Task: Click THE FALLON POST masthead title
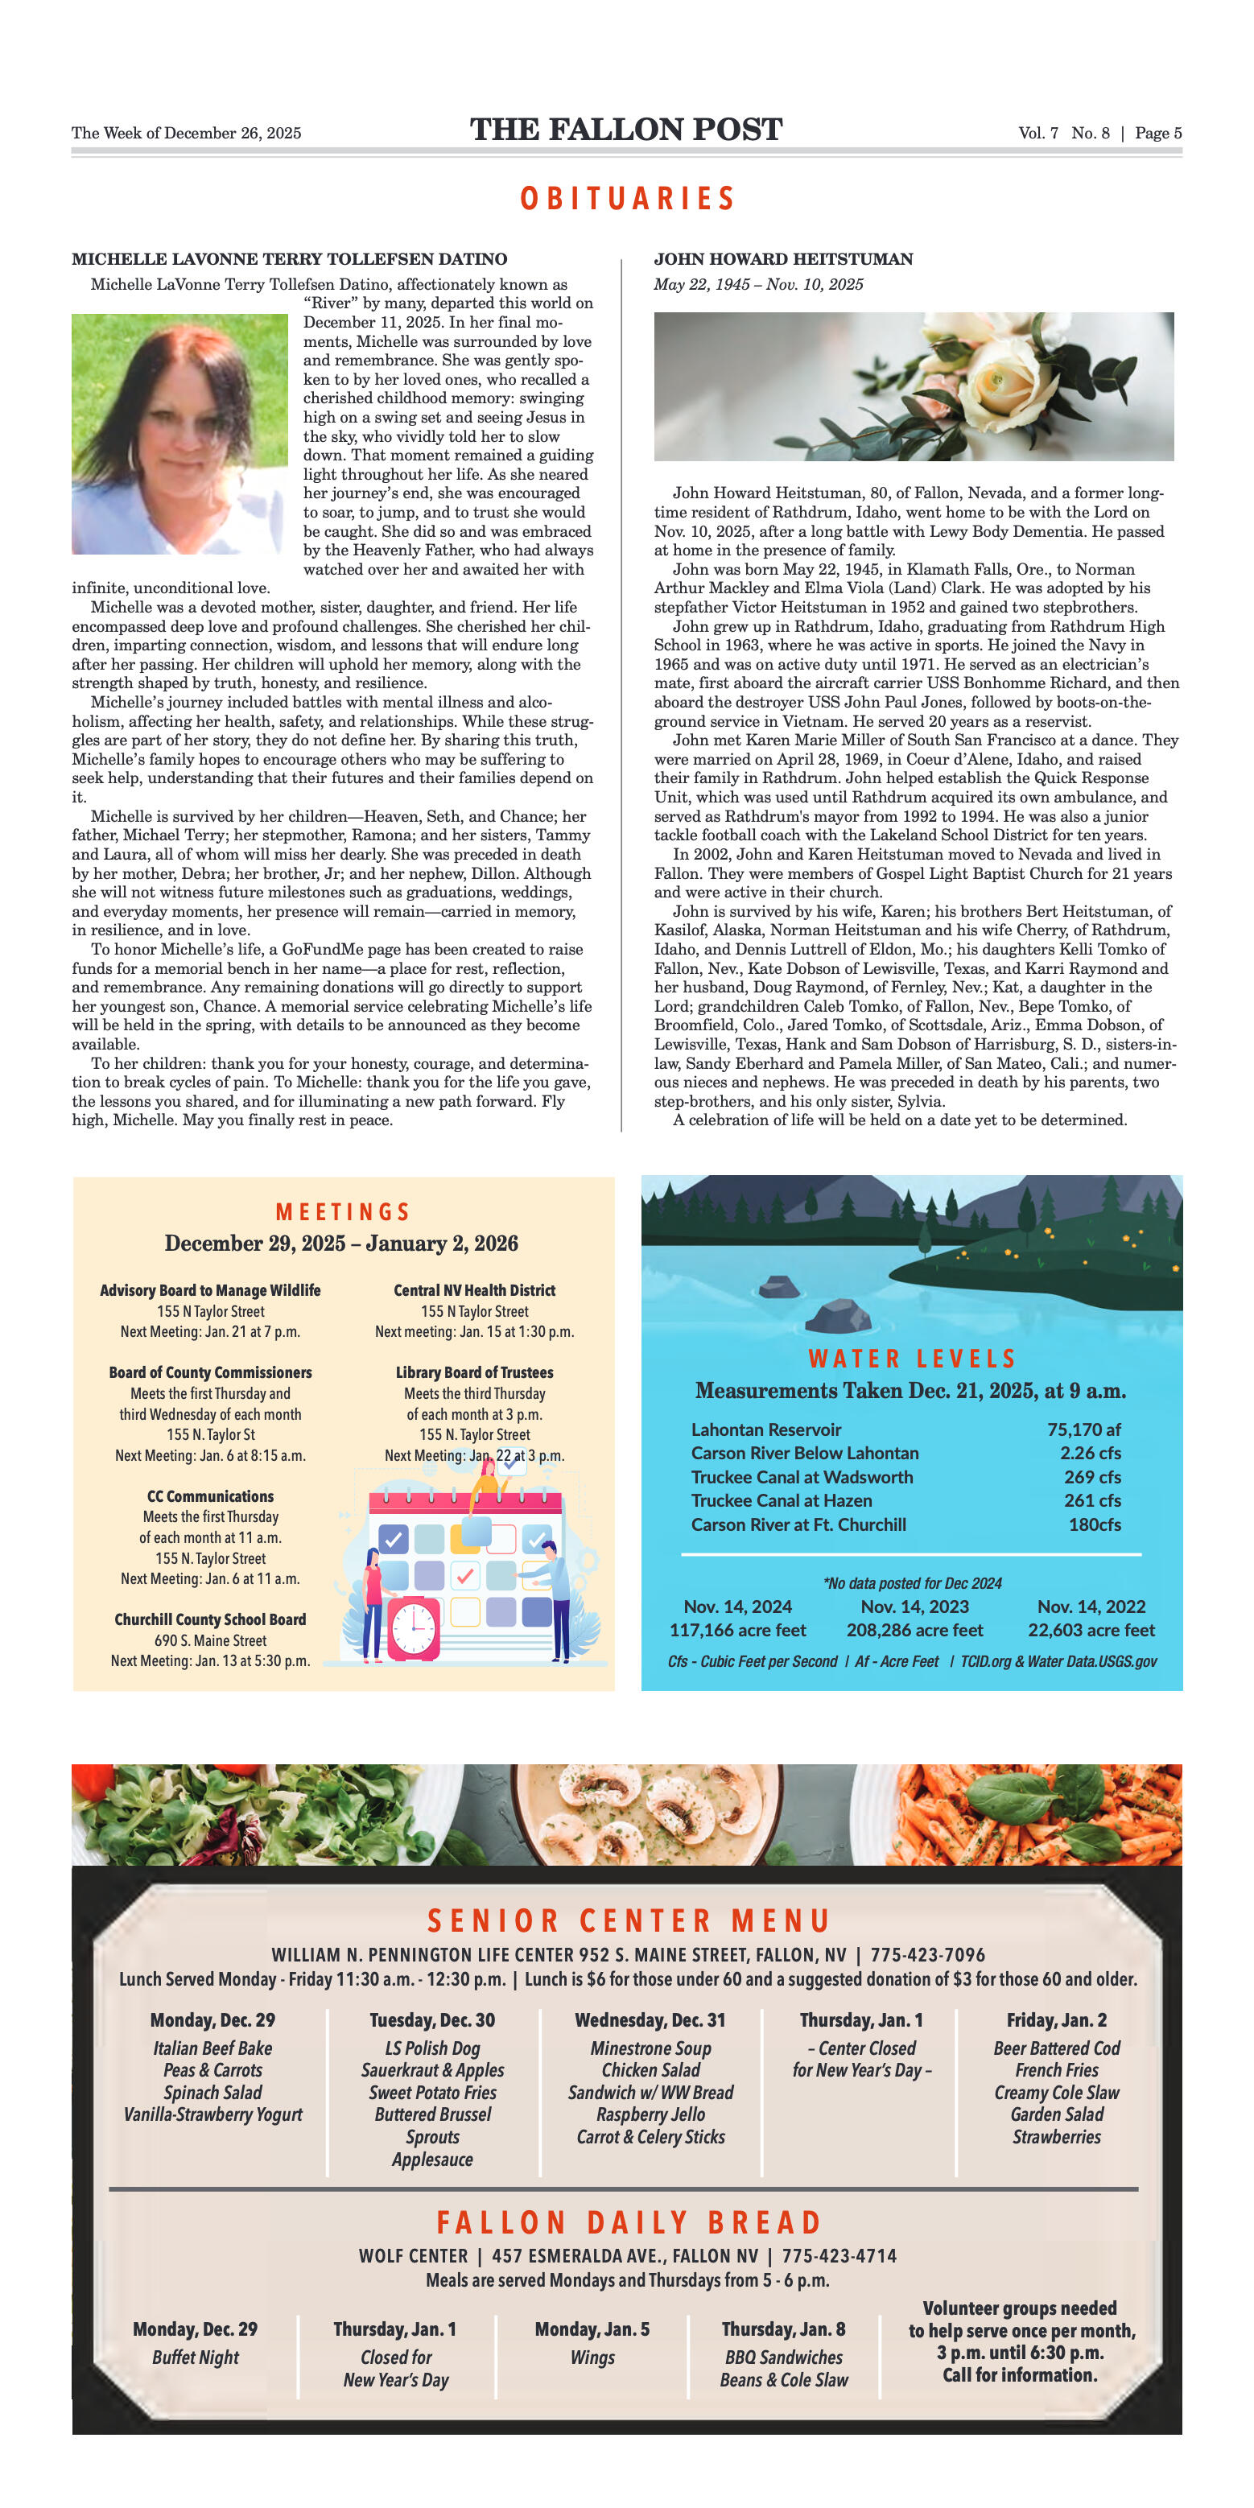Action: click(626, 130)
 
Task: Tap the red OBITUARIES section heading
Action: click(627, 199)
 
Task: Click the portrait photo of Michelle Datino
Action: click(180, 433)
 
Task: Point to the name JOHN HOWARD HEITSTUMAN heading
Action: click(783, 259)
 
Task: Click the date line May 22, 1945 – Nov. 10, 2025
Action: click(757, 284)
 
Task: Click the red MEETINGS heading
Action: click(343, 1211)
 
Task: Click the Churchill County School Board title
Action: click(210, 1619)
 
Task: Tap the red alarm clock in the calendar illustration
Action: click(414, 1626)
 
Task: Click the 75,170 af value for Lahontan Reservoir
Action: click(1083, 1429)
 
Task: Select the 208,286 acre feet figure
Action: click(914, 1630)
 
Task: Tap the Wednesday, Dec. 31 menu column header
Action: click(650, 2020)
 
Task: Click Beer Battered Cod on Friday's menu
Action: click(1056, 2048)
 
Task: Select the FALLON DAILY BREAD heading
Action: click(628, 2223)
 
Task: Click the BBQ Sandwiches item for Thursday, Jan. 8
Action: click(783, 2357)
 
